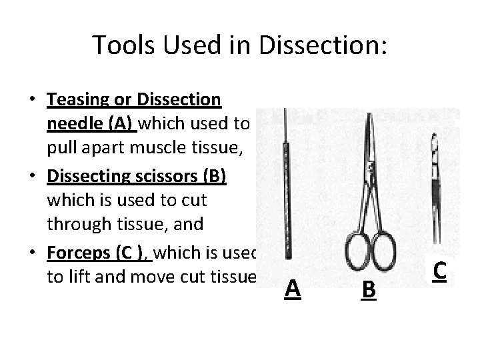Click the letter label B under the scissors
point(368,289)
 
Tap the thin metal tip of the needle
point(286,130)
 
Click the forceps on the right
point(435,187)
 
